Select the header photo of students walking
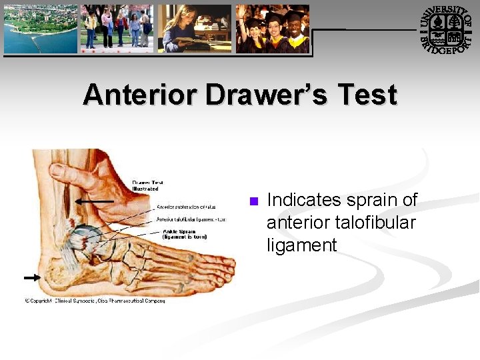(117, 28)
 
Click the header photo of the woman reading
(194, 28)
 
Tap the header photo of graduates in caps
(273, 28)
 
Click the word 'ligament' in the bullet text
(301, 245)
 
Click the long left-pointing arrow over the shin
(94, 200)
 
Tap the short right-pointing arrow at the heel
(31, 277)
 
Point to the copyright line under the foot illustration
(95, 301)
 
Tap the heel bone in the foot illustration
(57, 273)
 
